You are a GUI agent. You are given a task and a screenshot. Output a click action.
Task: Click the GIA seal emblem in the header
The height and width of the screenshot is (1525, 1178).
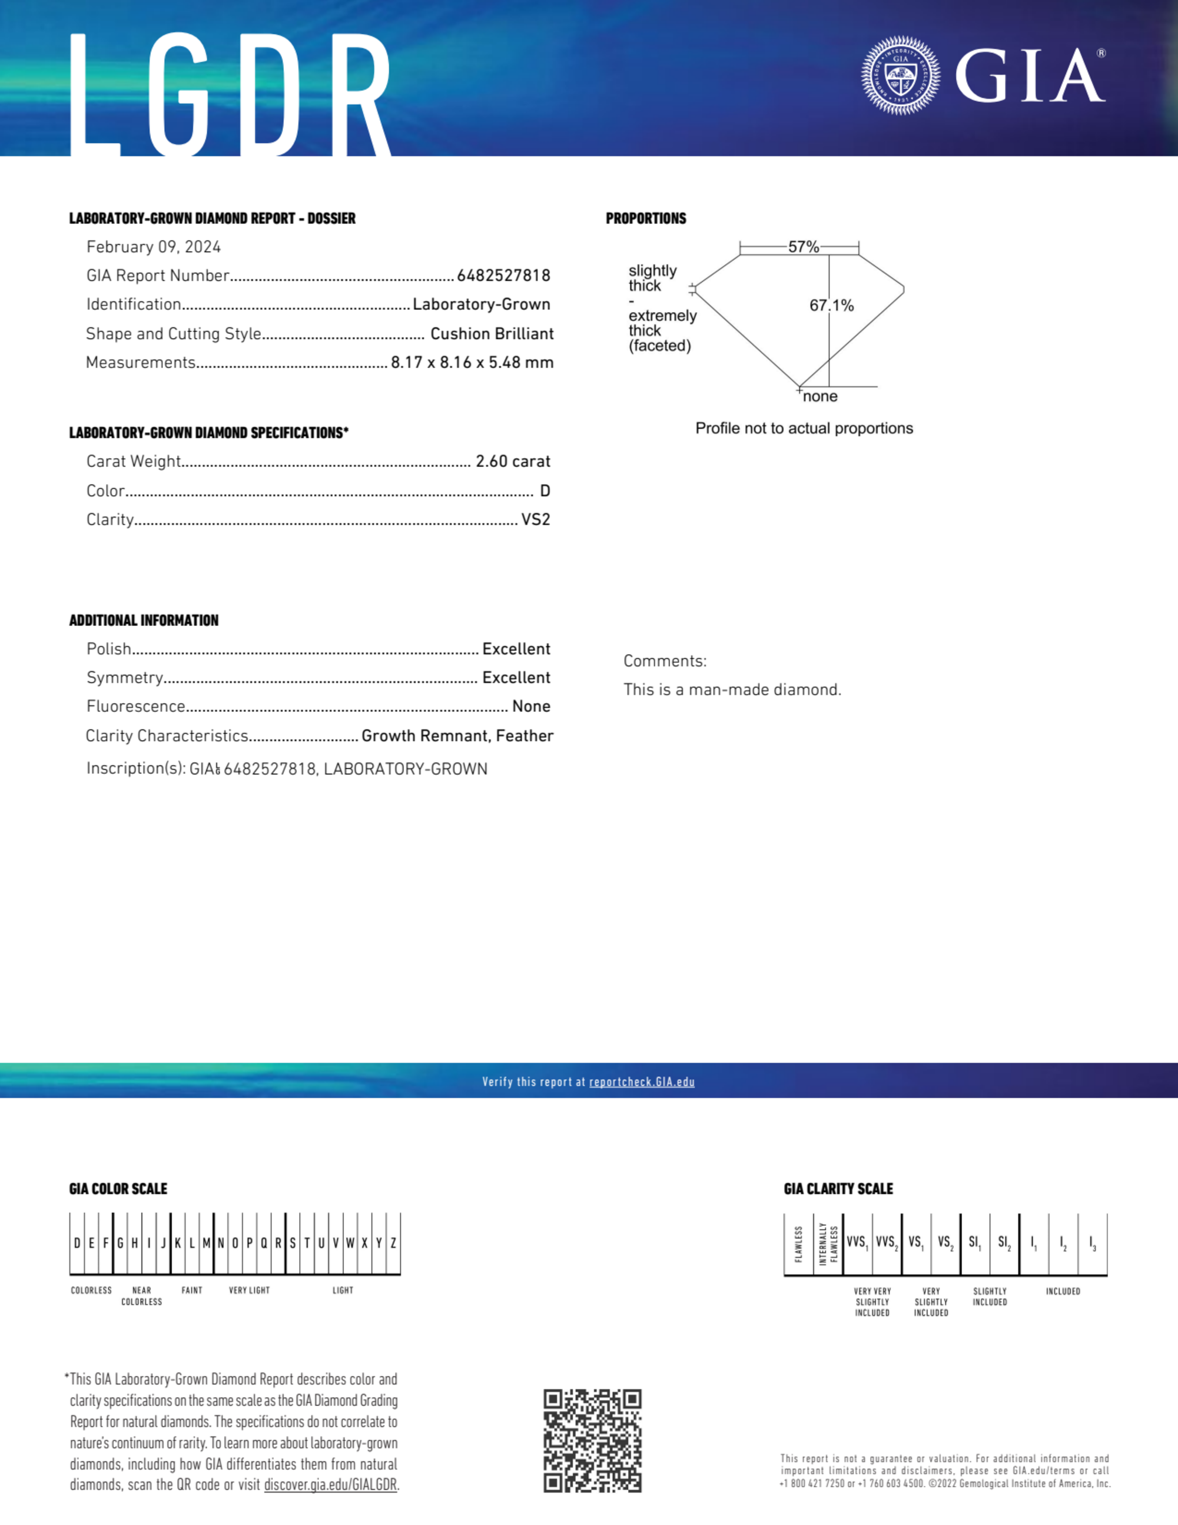pyautogui.click(x=900, y=75)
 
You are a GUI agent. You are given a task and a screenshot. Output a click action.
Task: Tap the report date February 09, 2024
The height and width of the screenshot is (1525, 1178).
pyautogui.click(x=154, y=247)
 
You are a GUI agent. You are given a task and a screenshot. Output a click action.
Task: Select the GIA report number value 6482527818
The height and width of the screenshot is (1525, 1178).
pyautogui.click(x=503, y=276)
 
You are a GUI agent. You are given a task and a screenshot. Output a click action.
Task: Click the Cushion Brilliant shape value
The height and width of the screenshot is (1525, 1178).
pyautogui.click(x=492, y=334)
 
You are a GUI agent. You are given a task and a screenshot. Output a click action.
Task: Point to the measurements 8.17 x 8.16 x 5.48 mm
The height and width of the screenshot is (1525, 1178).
pyautogui.click(x=472, y=362)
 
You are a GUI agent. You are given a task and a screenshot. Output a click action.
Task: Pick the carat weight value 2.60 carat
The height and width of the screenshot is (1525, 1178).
pyautogui.click(x=513, y=462)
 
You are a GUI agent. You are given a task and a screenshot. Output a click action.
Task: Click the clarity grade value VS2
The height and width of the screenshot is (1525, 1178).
pyautogui.click(x=536, y=519)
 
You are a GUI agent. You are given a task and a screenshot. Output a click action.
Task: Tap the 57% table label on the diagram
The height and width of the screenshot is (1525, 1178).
pyautogui.click(x=803, y=247)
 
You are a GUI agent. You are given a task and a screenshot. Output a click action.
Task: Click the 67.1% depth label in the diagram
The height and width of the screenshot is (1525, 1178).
pyautogui.click(x=831, y=305)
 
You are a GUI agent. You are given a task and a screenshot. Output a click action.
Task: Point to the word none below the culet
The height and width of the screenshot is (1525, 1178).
pyautogui.click(x=820, y=397)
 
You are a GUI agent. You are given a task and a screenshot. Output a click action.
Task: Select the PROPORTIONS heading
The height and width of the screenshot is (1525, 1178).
pyautogui.click(x=646, y=218)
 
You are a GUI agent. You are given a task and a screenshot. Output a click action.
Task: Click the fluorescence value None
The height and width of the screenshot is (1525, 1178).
pyautogui.click(x=530, y=707)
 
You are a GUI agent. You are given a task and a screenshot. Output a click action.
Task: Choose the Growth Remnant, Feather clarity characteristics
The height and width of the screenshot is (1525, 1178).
pyautogui.click(x=457, y=736)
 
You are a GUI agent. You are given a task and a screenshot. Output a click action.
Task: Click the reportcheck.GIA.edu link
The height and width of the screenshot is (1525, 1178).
pyautogui.click(x=642, y=1082)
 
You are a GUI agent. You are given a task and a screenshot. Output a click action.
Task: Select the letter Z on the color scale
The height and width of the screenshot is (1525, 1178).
pyautogui.click(x=394, y=1243)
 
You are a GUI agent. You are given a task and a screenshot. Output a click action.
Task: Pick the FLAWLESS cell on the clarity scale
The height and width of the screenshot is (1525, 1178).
pyautogui.click(x=799, y=1244)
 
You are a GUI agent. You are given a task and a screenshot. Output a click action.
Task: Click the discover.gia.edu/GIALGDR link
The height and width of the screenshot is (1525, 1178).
pyautogui.click(x=330, y=1484)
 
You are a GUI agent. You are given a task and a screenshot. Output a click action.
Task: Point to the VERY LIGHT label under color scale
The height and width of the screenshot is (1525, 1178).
pyautogui.click(x=249, y=1291)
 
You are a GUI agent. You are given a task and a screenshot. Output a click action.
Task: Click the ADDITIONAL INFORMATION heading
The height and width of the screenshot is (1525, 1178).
pyautogui.click(x=144, y=620)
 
